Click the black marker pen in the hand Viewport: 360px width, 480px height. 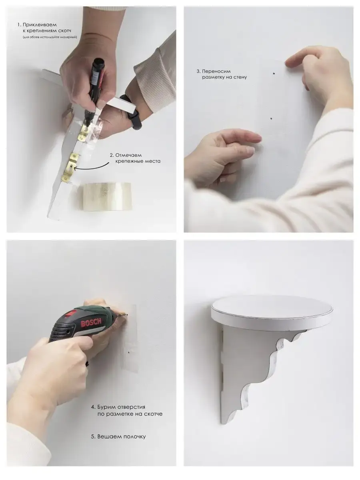(96, 88)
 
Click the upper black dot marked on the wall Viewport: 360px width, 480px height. (274, 74)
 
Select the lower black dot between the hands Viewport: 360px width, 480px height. (271, 118)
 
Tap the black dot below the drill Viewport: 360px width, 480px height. (129, 352)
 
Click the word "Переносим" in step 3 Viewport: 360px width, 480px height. (216, 71)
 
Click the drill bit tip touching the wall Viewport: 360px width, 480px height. (126, 315)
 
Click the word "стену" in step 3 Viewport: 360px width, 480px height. (239, 77)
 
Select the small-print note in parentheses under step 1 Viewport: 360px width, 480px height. (50, 37)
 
